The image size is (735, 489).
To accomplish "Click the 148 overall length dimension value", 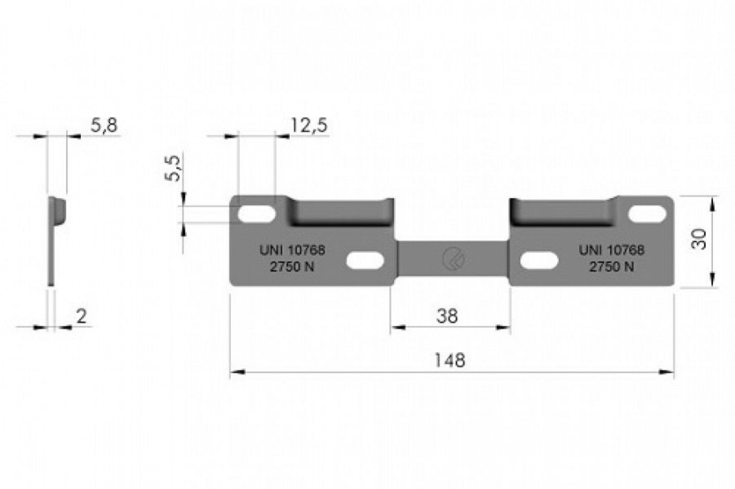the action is pos(450,360).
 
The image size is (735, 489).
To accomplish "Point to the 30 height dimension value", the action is pos(698,239).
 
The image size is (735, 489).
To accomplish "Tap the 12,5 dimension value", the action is pos(309,125).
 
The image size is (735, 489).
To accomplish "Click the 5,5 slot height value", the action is pos(173,168).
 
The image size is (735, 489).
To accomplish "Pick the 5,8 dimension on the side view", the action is pos(104,125).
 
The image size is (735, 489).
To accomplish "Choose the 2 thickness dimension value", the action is pos(81,316).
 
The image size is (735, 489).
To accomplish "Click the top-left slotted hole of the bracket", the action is pos(256,214).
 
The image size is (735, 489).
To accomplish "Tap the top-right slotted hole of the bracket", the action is pos(647,214).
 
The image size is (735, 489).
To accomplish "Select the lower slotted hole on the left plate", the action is pos(365,261).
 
